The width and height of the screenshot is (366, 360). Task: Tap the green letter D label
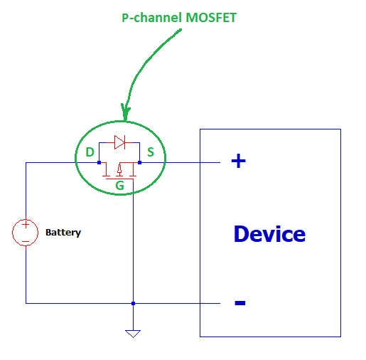[x=90, y=152]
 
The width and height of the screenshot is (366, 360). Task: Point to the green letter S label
[x=151, y=152]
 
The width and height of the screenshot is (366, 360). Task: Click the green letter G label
[x=119, y=186]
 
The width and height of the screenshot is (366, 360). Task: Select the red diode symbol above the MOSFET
[x=119, y=142]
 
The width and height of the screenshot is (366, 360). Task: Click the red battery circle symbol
[x=26, y=233]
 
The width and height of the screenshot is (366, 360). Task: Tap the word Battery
[x=63, y=233]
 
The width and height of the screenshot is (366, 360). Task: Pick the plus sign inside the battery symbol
[x=26, y=226]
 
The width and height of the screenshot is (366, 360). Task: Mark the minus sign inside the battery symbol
[x=26, y=240]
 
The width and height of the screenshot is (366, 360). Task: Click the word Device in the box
[x=269, y=233]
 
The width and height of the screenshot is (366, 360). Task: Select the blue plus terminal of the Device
[x=239, y=162]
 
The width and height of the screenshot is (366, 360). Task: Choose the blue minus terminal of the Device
[x=239, y=304]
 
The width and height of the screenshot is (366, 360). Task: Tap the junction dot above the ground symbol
[x=133, y=303]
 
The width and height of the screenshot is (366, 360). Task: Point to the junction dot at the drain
[x=99, y=162]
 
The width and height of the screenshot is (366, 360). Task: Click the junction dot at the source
[x=140, y=162]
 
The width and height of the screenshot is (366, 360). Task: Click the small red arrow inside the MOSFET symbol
[x=119, y=170]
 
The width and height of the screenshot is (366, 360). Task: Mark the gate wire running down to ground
[x=133, y=242]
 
